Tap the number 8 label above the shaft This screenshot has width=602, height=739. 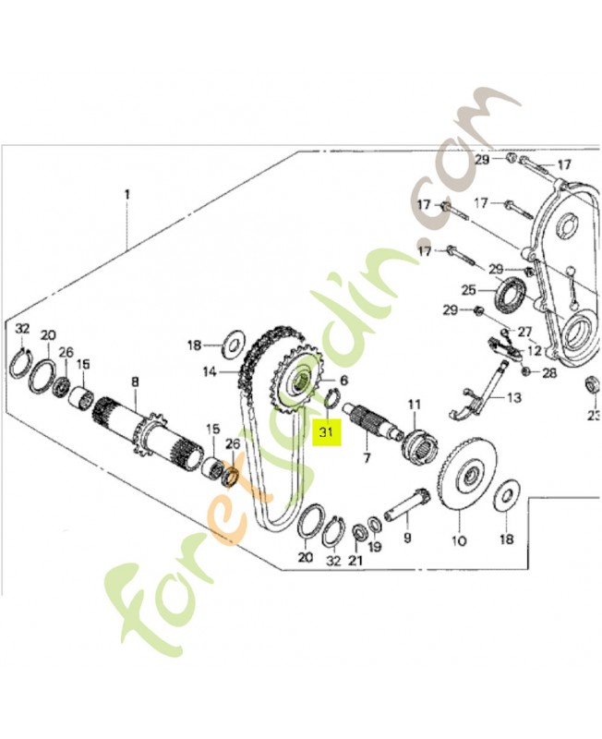point(135,382)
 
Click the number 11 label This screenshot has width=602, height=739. point(414,404)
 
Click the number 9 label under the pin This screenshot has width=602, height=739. point(407,537)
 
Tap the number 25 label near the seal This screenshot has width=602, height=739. point(468,289)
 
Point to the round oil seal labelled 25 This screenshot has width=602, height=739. point(510,297)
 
